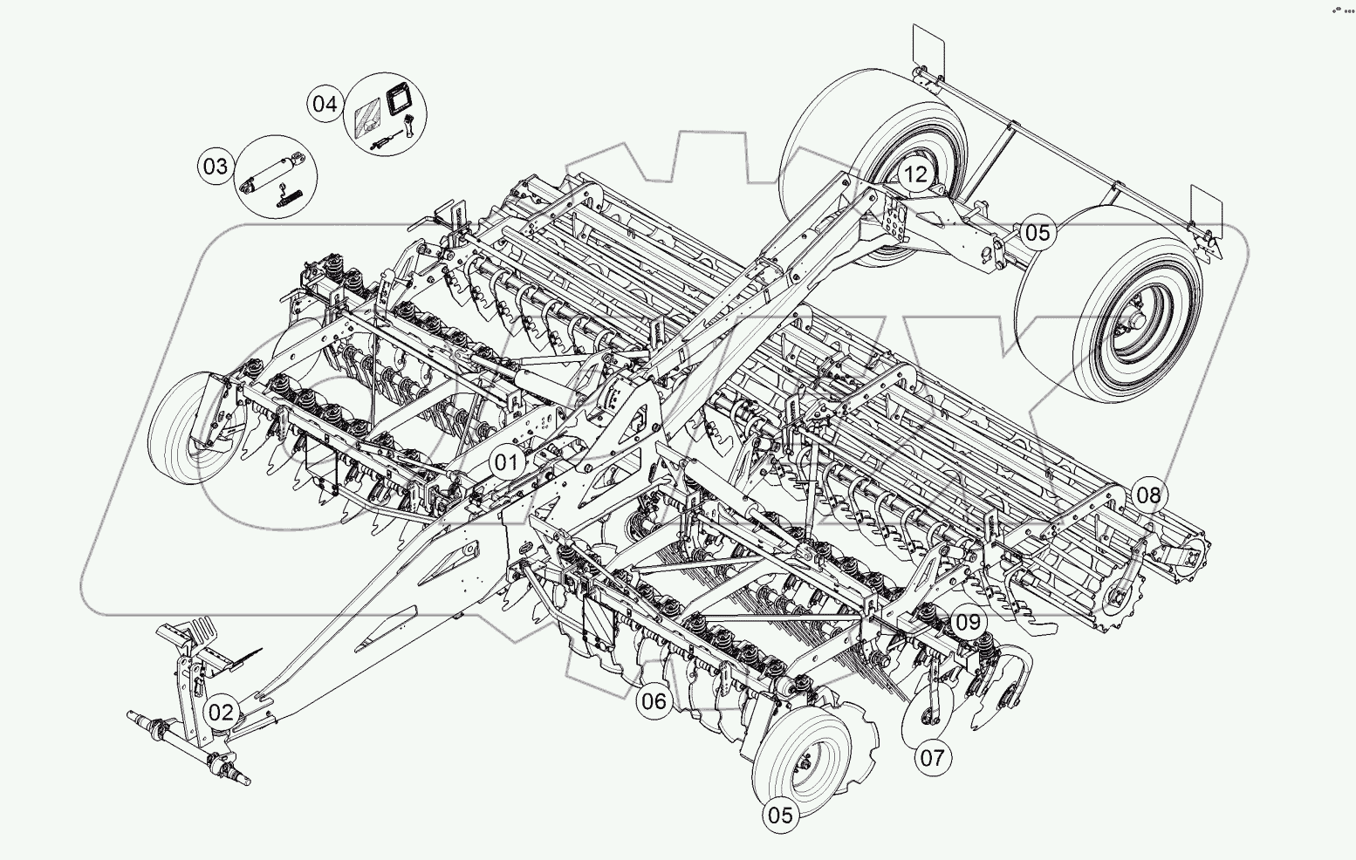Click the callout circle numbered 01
[x=507, y=461]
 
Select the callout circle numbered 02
[x=221, y=712]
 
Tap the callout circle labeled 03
[x=215, y=166]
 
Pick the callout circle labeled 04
[x=325, y=104]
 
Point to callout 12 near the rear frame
[x=915, y=174]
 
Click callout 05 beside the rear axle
[x=1038, y=232]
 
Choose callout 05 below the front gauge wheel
[x=780, y=815]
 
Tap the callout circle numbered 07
[x=932, y=756]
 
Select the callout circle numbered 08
[x=1148, y=495]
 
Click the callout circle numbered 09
[x=967, y=623]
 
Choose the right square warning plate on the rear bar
[x=1205, y=205]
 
